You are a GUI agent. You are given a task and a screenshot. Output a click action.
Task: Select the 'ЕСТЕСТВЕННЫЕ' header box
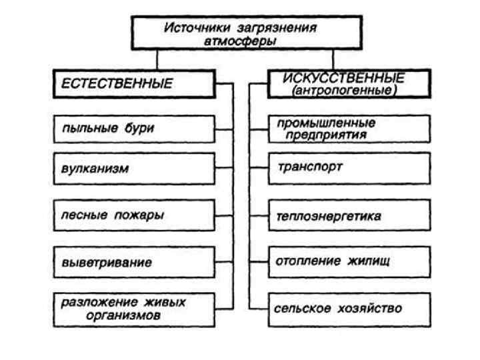134,84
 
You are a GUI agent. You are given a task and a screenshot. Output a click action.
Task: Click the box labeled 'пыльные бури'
134,128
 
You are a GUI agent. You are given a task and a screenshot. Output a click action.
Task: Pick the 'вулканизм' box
134,169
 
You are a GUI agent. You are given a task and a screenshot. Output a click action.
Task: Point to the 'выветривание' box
134,262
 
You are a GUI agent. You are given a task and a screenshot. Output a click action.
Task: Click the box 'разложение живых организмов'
134,309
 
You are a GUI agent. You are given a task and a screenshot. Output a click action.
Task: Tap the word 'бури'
137,128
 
